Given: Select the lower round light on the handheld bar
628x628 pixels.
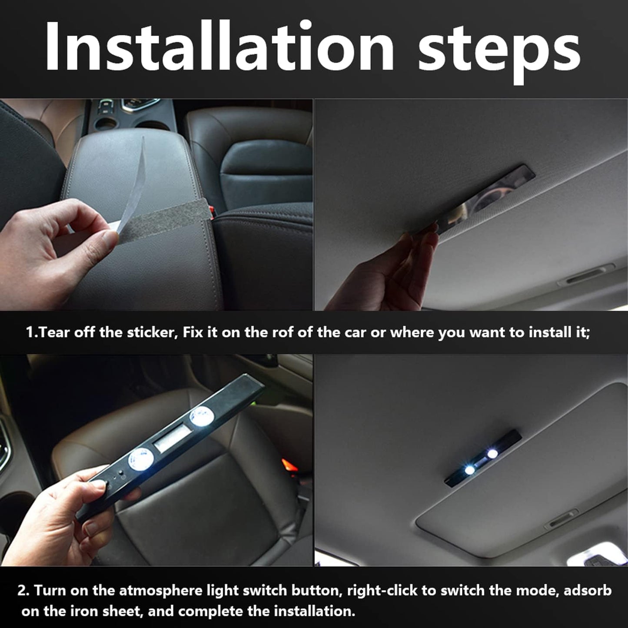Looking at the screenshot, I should click(139, 459).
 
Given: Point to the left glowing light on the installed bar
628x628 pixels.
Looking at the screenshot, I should click(469, 470).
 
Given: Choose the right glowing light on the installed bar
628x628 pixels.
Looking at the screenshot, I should click(492, 454).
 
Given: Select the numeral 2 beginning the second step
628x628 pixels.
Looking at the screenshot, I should click(23, 591).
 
